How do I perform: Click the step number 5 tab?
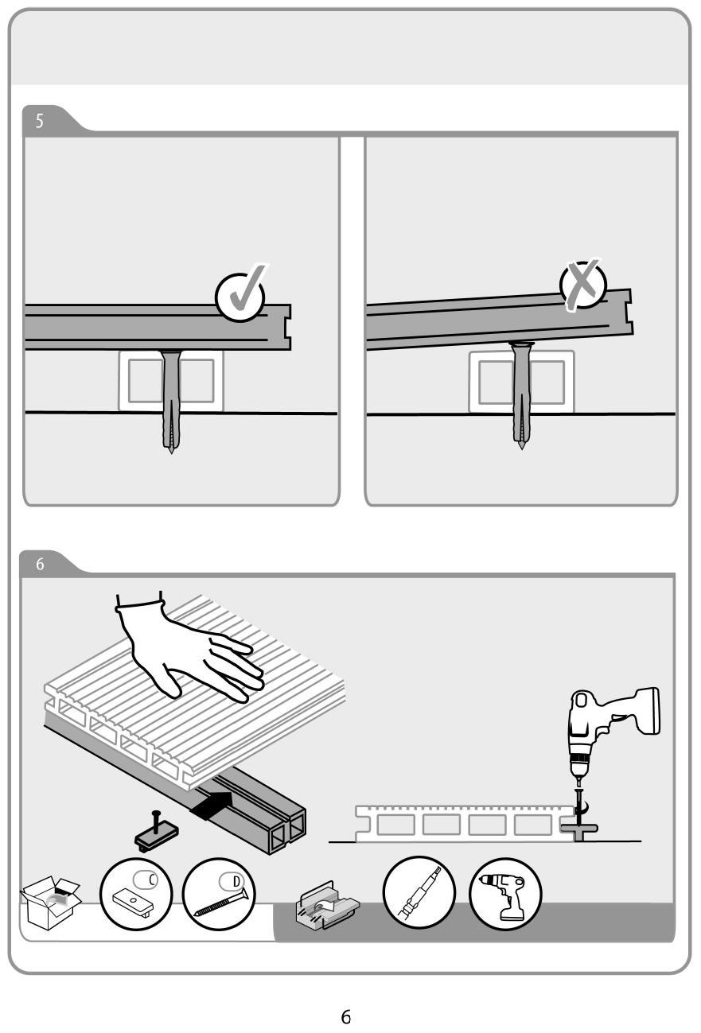click(40, 121)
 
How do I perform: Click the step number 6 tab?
click(40, 564)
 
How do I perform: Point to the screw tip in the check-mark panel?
click(171, 451)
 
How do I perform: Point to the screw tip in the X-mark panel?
click(521, 446)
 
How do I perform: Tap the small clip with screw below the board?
click(157, 830)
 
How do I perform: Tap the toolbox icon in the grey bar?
click(327, 905)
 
